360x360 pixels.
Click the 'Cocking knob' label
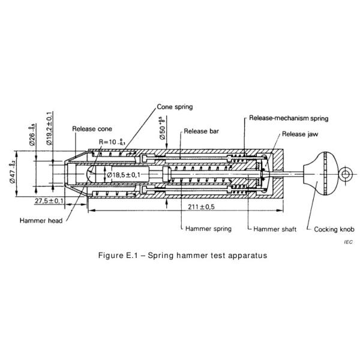tap(334, 229)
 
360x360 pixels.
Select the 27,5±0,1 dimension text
tap(49, 200)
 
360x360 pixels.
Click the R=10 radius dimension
tap(110, 142)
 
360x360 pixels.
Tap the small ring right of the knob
tap(346, 175)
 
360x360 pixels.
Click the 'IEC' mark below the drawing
tap(348, 241)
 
